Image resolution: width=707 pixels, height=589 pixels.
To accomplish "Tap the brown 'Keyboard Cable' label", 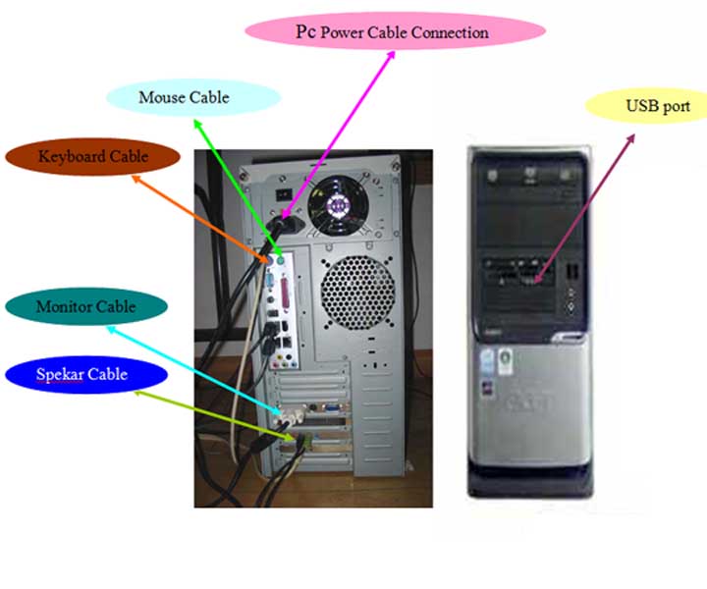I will pyautogui.click(x=93, y=156).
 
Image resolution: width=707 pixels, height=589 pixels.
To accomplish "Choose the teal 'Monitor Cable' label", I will pyautogui.click(x=85, y=306).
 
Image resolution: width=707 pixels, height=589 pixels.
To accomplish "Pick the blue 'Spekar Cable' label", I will pyautogui.click(x=82, y=374).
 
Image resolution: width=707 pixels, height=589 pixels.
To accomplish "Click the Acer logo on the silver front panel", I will pyautogui.click(x=528, y=403).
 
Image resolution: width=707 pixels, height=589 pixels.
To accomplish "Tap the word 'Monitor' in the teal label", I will pyautogui.click(x=65, y=306).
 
